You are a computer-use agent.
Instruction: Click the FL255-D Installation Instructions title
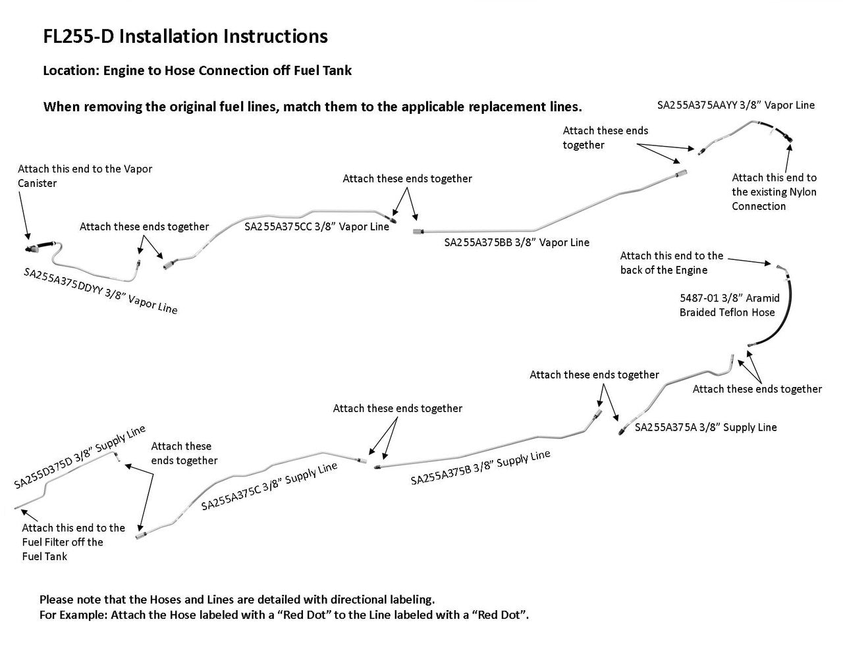(x=185, y=37)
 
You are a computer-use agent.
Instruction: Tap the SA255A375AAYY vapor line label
(x=736, y=105)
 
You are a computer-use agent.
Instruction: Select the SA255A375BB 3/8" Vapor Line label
(x=516, y=243)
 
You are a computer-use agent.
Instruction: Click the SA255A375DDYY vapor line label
(x=100, y=291)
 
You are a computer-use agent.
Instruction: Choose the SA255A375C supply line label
(x=269, y=486)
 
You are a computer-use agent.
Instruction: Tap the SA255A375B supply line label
(x=480, y=467)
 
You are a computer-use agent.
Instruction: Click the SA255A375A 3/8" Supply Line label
(x=705, y=428)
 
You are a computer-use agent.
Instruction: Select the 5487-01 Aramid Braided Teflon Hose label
(x=729, y=305)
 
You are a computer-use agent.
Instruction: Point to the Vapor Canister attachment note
(x=84, y=176)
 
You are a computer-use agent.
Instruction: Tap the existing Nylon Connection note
(x=774, y=192)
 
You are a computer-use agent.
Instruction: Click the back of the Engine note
(x=671, y=263)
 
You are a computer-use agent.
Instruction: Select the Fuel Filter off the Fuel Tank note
(x=72, y=542)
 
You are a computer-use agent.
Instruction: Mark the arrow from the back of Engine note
(x=748, y=261)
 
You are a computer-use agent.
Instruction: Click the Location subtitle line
(x=197, y=70)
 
